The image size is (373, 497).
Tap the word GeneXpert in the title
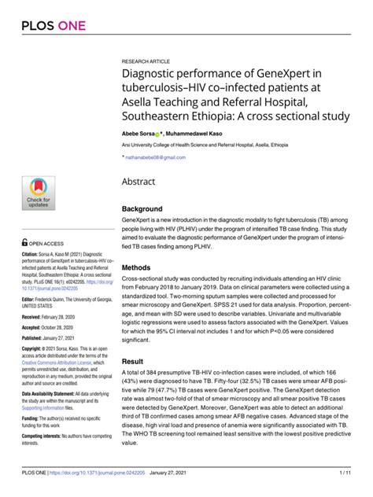pos(287,76)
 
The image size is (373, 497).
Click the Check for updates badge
pos(38,194)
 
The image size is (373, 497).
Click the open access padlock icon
pos(24,244)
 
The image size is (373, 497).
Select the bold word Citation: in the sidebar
pos(32,255)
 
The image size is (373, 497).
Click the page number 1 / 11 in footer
pos(345,472)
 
